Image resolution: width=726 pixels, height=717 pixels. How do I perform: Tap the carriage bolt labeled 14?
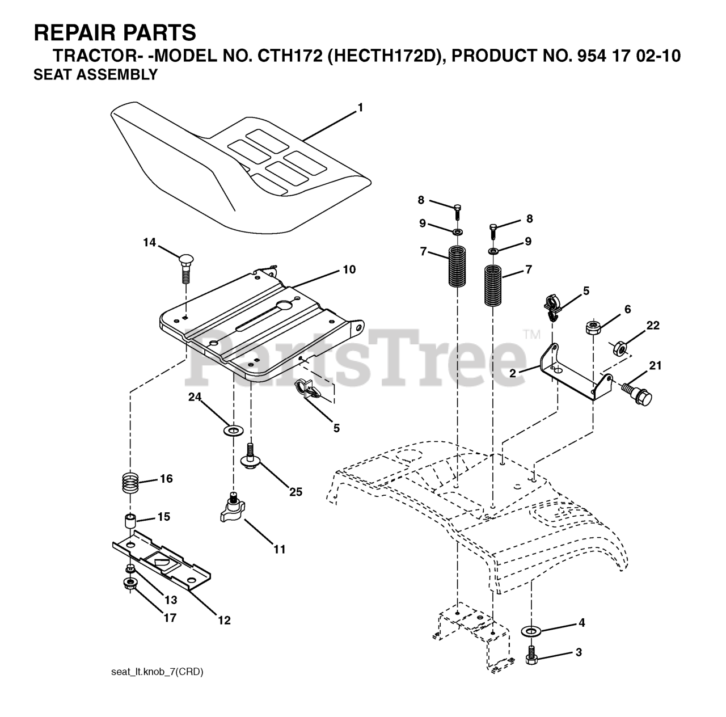185,266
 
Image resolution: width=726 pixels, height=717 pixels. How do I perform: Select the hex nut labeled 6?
593,327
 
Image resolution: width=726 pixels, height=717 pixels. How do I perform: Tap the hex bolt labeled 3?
532,656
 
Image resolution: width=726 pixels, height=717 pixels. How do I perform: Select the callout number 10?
349,269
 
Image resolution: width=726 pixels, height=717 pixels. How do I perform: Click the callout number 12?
224,621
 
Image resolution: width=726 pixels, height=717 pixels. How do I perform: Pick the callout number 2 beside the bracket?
512,373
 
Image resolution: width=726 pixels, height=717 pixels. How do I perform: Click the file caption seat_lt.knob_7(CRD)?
157,672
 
